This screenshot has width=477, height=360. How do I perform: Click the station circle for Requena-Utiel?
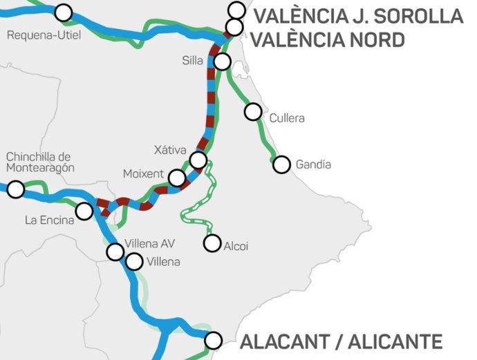tap(64, 12)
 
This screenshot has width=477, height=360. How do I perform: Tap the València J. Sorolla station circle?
tap(236, 10)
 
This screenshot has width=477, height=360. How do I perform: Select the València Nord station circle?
tap(234, 27)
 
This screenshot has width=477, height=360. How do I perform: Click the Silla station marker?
tap(222, 61)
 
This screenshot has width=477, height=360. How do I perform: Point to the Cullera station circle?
tap(254, 111)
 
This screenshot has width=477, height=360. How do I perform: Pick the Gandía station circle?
tap(281, 164)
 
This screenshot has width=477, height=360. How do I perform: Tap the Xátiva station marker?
tap(198, 161)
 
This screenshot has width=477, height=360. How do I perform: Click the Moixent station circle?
tap(177, 178)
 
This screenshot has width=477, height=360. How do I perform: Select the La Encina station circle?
tap(84, 211)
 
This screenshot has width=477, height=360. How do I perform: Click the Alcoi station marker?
tap(212, 243)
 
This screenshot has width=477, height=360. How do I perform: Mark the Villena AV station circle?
tap(115, 252)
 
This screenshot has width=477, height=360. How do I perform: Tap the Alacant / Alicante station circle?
tap(214, 340)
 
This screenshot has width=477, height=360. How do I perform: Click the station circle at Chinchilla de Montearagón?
tap(15, 189)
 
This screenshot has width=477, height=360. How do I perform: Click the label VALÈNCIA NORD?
tap(327, 39)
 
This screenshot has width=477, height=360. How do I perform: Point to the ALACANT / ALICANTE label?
tap(341, 341)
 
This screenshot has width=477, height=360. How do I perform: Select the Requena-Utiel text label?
tap(40, 34)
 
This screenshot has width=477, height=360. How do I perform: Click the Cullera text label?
tap(287, 118)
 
